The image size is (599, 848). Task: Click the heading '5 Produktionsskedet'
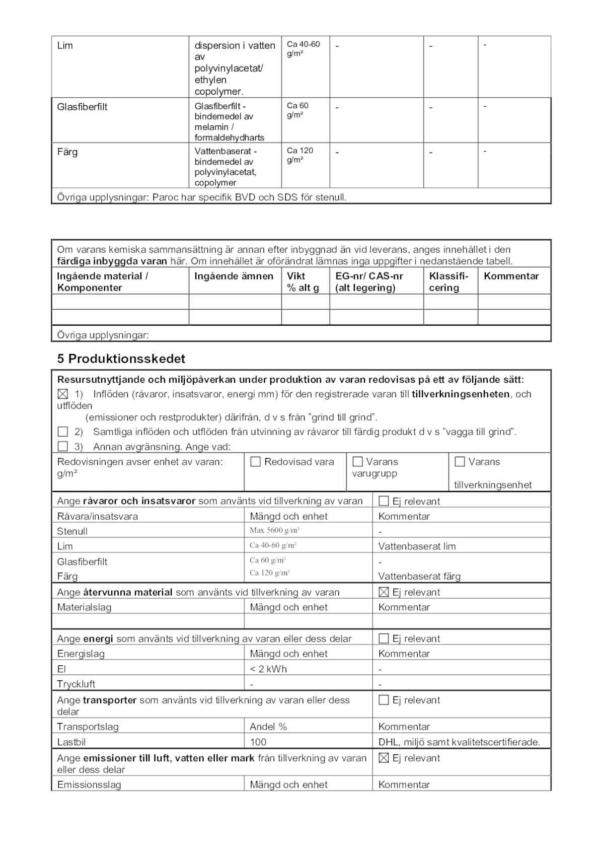point(121,359)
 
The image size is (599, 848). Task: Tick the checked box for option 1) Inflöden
point(62,394)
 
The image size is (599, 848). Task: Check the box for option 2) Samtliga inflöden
point(62,432)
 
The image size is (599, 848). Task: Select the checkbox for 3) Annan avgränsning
point(62,446)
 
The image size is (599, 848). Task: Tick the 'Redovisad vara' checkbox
point(255,462)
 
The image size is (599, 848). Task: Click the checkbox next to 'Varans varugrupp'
point(357,462)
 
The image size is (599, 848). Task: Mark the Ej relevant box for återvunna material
point(384,592)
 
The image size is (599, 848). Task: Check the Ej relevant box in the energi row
point(384,639)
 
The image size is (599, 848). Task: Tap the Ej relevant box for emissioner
point(384,758)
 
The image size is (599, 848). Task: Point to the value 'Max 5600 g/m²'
point(274,530)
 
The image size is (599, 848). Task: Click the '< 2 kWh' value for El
point(268,669)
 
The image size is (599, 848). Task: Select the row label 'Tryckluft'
point(76,684)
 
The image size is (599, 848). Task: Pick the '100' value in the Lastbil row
point(258,742)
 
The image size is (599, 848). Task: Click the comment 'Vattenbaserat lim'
point(417,546)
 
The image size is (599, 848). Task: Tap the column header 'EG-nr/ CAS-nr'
point(369,276)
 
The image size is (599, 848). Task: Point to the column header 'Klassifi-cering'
point(448,281)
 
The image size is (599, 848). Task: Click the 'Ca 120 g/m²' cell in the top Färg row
point(300,155)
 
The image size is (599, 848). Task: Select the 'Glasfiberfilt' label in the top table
point(82,107)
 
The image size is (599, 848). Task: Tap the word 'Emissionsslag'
point(89,785)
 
